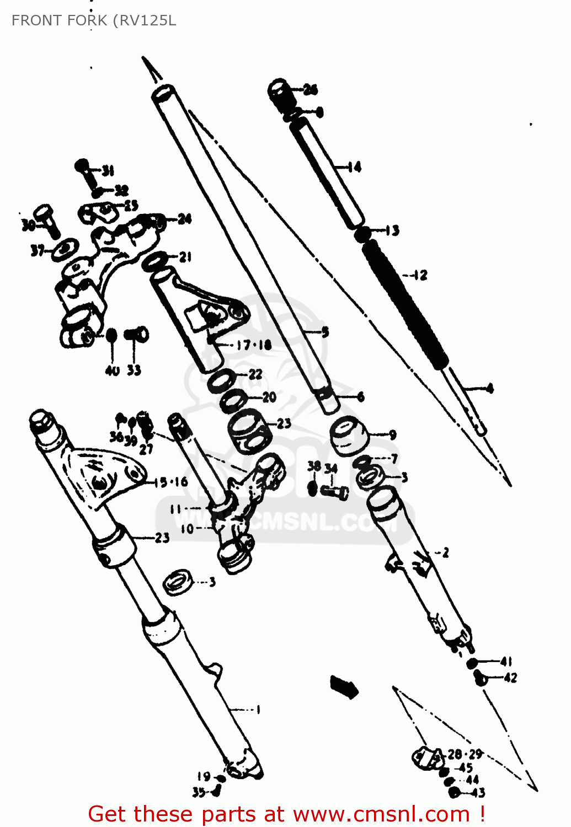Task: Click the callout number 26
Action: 311,90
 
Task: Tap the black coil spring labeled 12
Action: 405,303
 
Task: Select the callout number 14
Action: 354,167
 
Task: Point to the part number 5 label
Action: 325,332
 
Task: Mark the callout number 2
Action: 445,552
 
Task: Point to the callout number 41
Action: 506,661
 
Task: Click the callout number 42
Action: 510,678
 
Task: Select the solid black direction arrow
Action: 344,686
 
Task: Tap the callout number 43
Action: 478,793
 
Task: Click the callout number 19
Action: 204,776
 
